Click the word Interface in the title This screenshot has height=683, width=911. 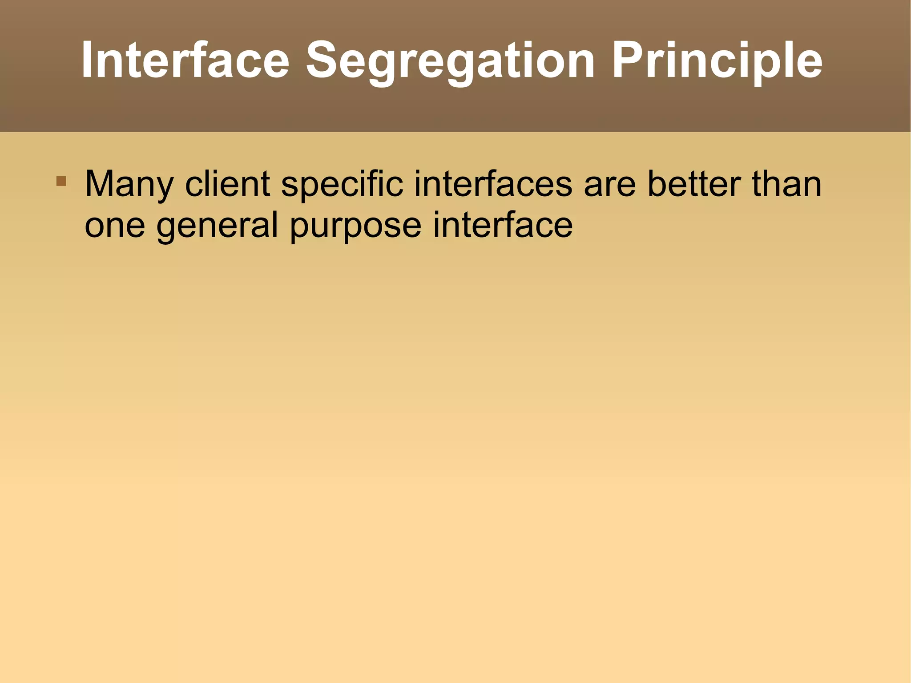[185, 60]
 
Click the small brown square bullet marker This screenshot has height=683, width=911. [61, 182]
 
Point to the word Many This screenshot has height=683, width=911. [129, 185]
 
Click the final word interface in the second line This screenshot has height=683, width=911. [503, 225]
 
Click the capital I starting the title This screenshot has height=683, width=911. [86, 60]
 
